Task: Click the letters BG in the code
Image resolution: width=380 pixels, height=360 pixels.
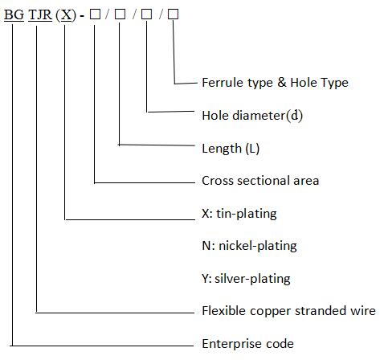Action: click(14, 14)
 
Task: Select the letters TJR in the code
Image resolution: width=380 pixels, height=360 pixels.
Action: click(40, 14)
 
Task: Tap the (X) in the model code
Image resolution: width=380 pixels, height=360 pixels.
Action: click(66, 15)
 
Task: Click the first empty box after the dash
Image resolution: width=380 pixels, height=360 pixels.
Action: click(95, 14)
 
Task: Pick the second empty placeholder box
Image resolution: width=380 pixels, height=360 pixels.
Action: click(120, 14)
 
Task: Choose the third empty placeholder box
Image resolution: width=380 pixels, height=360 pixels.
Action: click(146, 14)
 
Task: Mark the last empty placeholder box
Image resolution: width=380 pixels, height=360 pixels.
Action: click(173, 14)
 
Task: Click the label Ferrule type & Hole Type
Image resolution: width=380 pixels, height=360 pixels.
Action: click(275, 83)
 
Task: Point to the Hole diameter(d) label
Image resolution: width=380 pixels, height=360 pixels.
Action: click(252, 116)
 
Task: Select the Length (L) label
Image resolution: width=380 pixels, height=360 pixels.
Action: click(231, 149)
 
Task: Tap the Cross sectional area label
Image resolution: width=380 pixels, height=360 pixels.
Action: click(260, 181)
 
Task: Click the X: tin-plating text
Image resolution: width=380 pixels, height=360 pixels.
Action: click(239, 214)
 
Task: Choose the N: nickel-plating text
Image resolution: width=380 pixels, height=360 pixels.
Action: click(249, 246)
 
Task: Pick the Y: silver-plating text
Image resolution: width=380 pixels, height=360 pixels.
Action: click(246, 279)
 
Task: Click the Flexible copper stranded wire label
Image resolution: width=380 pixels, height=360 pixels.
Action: click(288, 311)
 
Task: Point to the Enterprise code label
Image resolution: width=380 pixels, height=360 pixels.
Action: click(247, 344)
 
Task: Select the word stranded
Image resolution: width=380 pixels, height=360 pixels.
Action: click(317, 311)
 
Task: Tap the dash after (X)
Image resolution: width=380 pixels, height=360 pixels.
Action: click(82, 16)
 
